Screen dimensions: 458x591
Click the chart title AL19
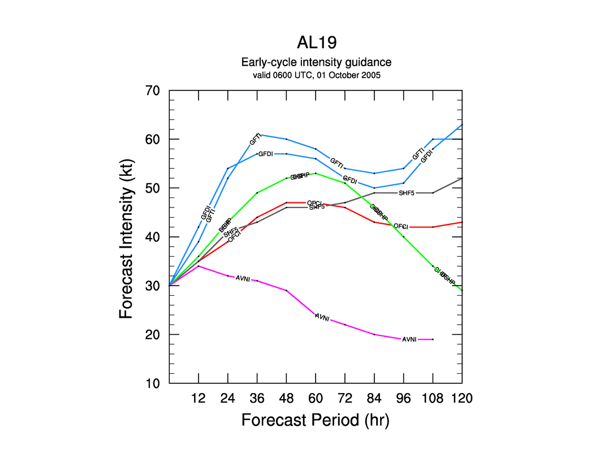[x=316, y=44]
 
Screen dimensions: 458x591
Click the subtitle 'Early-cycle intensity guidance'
[x=316, y=62]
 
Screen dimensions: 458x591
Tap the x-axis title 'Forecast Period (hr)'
[x=316, y=420]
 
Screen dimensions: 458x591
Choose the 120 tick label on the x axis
[x=461, y=398]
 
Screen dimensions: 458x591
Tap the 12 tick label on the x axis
[x=199, y=398]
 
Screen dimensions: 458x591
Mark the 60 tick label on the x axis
[x=316, y=398]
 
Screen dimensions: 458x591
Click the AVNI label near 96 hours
[x=409, y=339]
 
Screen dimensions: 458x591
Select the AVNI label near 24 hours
[x=243, y=278]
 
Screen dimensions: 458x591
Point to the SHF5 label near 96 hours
[x=407, y=193]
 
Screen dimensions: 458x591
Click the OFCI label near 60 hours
[x=314, y=203]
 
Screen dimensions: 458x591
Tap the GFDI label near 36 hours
[x=265, y=154]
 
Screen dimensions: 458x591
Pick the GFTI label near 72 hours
[x=337, y=163]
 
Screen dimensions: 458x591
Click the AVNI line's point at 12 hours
[x=199, y=266]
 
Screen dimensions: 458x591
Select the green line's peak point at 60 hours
[x=316, y=174]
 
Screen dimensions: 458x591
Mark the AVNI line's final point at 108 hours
[x=433, y=339]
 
